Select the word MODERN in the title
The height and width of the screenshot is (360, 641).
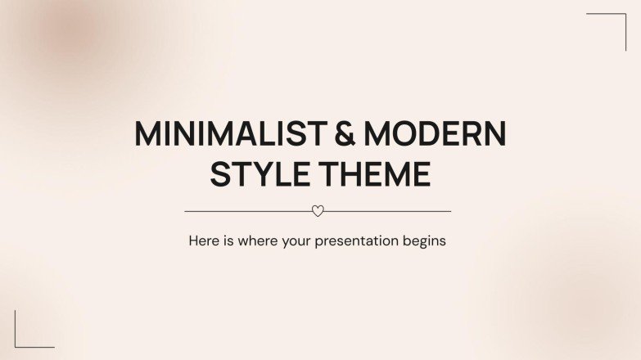pyautogui.click(x=435, y=134)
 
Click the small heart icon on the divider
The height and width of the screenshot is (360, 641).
pyautogui.click(x=318, y=211)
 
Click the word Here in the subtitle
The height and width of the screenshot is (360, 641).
pyautogui.click(x=203, y=241)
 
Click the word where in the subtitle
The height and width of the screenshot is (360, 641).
pyautogui.click(x=260, y=241)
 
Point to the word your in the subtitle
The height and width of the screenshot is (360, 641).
pyautogui.click(x=299, y=242)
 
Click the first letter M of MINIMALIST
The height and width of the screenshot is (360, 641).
pyautogui.click(x=147, y=134)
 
